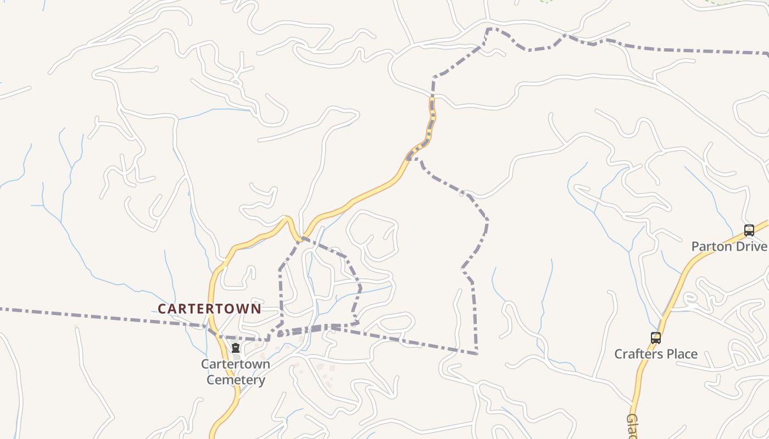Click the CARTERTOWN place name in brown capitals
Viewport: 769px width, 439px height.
[209, 309]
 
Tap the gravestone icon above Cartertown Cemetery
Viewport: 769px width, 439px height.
[236, 348]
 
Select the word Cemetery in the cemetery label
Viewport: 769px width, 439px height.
[236, 380]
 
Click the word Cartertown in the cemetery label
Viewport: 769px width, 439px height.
[236, 364]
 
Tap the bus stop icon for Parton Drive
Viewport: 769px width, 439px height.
[749, 230]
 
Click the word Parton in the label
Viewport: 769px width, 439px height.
[712, 246]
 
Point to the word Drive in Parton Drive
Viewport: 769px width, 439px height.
[751, 246]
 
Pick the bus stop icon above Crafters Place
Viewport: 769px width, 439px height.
[655, 338]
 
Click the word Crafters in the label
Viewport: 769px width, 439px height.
[636, 354]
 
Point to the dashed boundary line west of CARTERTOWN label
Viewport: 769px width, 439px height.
[82, 316]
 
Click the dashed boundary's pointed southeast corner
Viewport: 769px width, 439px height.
[476, 353]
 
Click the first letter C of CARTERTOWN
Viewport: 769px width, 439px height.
[161, 309]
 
